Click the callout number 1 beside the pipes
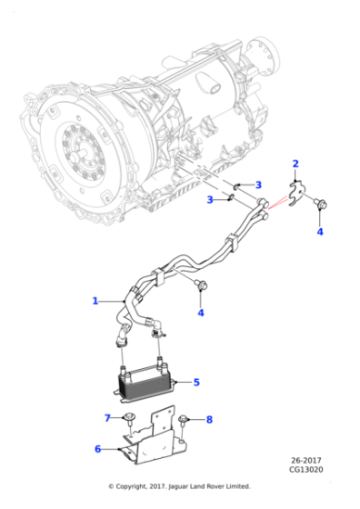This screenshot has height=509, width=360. [x=95, y=301]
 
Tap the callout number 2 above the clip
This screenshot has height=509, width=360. [x=295, y=164]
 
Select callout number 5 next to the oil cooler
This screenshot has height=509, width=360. [x=196, y=383]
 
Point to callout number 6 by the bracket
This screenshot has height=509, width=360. [x=97, y=448]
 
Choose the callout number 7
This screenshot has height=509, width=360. [x=106, y=418]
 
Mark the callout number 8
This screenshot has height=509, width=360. [x=209, y=419]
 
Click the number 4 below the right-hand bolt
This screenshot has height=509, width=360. [x=319, y=233]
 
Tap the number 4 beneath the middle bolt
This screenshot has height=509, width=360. [x=201, y=314]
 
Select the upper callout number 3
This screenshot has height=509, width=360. [x=258, y=185]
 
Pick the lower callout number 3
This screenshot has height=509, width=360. [x=210, y=199]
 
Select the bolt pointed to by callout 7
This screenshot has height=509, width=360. [x=131, y=418]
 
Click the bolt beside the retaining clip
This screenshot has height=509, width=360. [x=320, y=206]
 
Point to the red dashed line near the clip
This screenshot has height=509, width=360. [x=275, y=205]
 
